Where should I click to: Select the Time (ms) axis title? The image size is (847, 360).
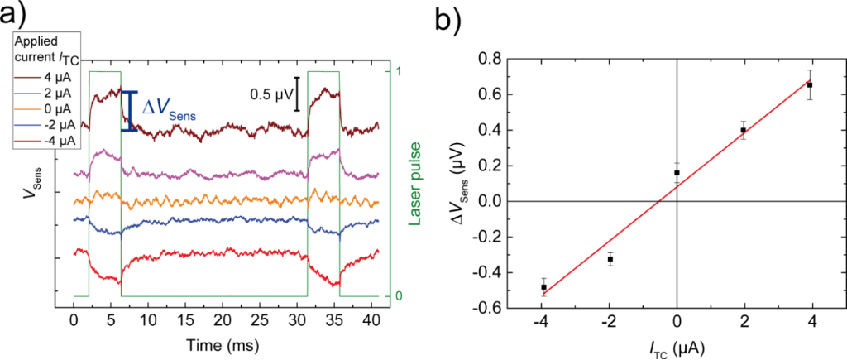(x=225, y=343)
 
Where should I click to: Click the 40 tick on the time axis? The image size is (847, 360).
(x=374, y=319)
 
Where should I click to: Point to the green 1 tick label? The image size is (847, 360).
(x=399, y=70)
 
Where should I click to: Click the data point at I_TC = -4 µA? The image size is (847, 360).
(x=543, y=287)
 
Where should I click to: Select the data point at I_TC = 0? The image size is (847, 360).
(x=677, y=173)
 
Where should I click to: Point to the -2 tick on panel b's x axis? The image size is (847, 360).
(x=608, y=324)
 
